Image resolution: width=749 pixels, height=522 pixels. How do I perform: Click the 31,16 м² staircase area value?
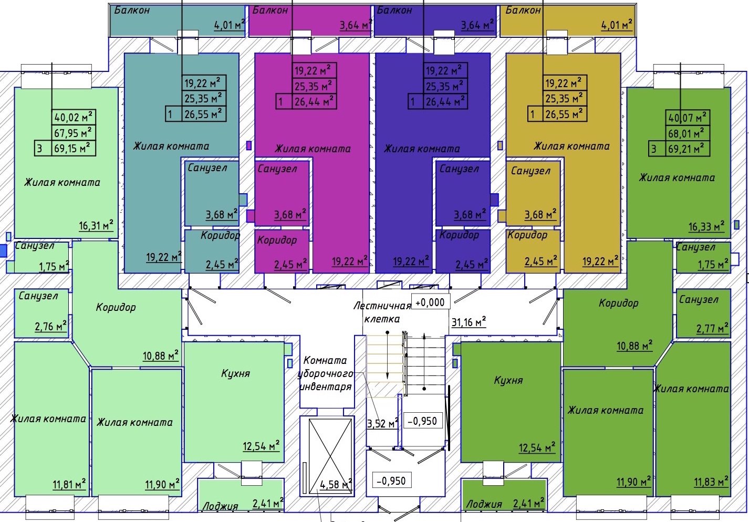(469, 322)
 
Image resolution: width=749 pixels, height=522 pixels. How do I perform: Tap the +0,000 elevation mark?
(430, 302)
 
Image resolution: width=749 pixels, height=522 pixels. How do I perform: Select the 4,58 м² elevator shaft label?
(336, 484)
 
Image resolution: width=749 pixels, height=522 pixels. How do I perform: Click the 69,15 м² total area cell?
(72, 149)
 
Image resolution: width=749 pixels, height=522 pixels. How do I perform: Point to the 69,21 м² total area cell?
(686, 149)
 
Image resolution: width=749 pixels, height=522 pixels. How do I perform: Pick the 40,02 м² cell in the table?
(74, 118)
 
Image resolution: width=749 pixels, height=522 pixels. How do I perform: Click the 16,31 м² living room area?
(96, 226)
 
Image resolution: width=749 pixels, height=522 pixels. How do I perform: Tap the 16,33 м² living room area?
(706, 226)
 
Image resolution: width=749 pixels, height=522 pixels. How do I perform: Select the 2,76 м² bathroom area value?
(51, 327)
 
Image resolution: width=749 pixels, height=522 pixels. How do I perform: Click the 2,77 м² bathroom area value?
(712, 329)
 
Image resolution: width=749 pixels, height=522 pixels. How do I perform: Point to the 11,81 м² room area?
(69, 484)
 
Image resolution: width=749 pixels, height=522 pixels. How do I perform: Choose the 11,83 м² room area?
(711, 482)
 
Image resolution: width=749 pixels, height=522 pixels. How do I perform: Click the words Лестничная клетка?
(382, 312)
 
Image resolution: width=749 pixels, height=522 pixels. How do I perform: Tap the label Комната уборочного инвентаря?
(325, 373)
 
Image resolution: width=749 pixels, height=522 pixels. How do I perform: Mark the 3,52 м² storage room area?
(382, 423)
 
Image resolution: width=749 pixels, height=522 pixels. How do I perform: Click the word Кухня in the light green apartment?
(235, 373)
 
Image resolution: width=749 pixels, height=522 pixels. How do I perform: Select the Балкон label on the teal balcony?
(132, 10)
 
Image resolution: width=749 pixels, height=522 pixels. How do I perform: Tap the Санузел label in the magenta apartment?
(277, 169)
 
